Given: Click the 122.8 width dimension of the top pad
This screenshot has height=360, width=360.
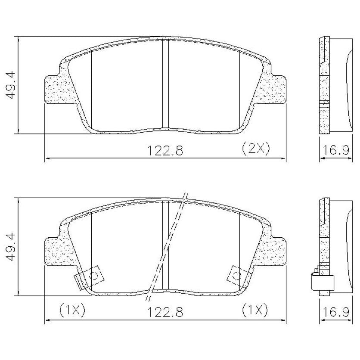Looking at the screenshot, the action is [x=165, y=151].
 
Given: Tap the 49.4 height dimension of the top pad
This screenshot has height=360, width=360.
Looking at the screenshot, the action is [x=11, y=85].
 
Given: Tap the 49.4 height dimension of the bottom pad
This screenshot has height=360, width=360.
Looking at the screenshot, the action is [x=11, y=247].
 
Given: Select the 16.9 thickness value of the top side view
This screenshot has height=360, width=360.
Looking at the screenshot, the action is [x=336, y=150].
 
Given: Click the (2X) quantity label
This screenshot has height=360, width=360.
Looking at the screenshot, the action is [x=255, y=149].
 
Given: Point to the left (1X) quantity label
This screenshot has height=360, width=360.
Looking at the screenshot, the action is [x=72, y=310].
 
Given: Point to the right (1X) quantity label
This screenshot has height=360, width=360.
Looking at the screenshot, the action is [x=255, y=310].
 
